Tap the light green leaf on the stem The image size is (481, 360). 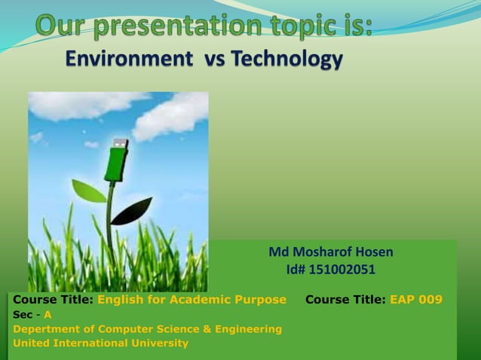tap(90, 192)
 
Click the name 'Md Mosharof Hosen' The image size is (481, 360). tap(331, 252)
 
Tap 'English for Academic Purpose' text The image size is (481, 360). tap(191, 300)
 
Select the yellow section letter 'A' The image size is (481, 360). tap(47, 315)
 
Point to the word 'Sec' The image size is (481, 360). tap(22, 315)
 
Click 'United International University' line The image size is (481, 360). tap(100, 343)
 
